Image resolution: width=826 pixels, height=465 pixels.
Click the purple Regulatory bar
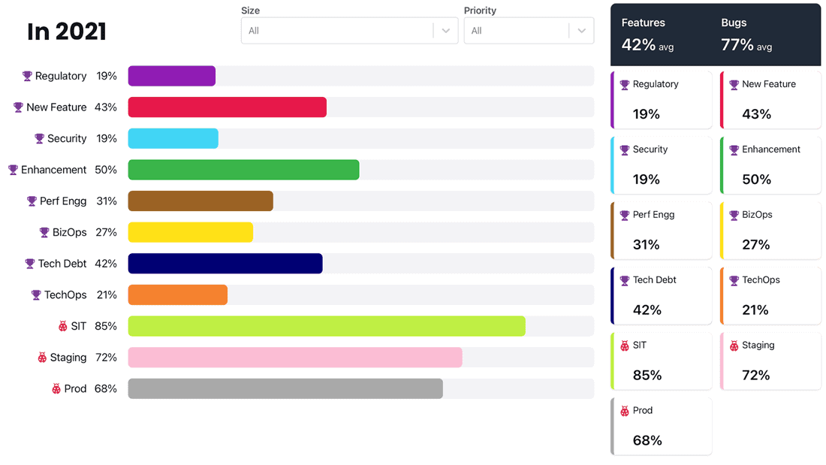tap(171, 76)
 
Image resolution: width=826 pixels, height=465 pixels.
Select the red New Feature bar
tap(227, 107)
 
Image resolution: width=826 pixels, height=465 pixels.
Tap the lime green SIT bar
tap(326, 326)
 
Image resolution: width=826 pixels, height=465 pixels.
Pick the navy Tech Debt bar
tap(225, 264)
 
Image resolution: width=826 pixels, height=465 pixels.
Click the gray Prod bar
tap(285, 388)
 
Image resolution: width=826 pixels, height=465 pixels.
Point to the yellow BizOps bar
tap(190, 232)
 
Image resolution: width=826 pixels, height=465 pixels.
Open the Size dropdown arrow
tap(445, 31)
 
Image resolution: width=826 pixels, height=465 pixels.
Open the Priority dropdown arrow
tap(581, 31)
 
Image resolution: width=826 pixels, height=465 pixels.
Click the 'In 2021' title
tap(67, 32)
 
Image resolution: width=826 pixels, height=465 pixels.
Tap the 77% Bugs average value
tap(737, 45)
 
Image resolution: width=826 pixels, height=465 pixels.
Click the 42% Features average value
tap(638, 45)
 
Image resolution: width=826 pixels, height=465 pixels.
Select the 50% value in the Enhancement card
tap(756, 180)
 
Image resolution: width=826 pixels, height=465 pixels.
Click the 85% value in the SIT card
tap(647, 375)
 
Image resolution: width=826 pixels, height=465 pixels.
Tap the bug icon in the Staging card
tap(734, 346)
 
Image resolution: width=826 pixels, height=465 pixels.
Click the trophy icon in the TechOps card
tap(734, 280)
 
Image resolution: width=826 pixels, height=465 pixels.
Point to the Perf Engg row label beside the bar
tap(63, 201)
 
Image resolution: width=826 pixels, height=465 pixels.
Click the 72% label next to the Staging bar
tap(106, 358)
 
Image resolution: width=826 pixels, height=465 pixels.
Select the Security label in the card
tap(650, 149)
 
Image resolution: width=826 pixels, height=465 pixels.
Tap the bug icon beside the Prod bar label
tap(56, 389)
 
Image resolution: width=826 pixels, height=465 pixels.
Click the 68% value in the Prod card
tap(647, 440)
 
